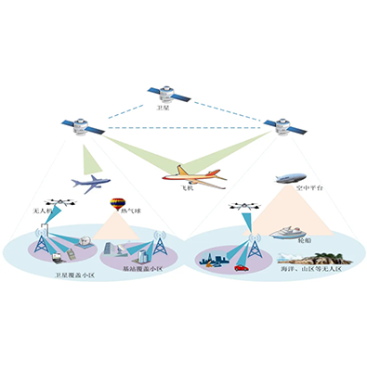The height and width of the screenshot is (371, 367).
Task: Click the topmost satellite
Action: tap(169, 94)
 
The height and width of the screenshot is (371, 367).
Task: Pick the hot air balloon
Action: tap(119, 204)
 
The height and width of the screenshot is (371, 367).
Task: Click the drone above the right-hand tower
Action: tap(245, 210)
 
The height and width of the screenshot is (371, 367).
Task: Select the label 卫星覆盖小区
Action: tap(73, 276)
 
